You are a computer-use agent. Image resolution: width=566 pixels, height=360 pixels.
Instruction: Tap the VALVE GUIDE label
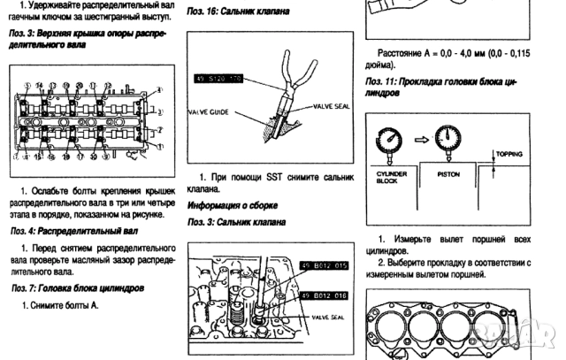209,112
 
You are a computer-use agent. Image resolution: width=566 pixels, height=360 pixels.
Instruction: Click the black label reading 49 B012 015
326,265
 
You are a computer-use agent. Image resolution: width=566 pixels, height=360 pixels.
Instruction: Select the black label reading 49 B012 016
325,295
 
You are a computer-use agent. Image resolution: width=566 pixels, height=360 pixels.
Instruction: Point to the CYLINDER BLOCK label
393,177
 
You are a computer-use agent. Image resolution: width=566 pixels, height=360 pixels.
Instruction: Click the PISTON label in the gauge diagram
449,174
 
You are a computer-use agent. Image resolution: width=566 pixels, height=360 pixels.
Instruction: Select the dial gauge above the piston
448,136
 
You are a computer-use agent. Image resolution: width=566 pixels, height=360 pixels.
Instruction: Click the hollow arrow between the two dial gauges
420,137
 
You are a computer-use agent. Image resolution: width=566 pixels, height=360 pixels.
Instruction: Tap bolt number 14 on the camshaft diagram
40,84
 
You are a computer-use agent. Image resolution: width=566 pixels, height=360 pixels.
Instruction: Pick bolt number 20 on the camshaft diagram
80,84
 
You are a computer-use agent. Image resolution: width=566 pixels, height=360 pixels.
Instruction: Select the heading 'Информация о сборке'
228,204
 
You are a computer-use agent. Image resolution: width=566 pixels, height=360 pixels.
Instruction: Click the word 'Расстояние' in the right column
402,52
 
